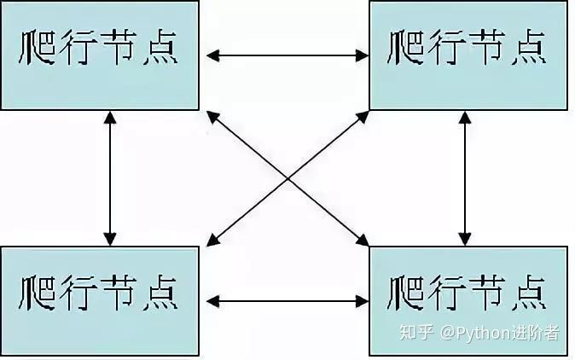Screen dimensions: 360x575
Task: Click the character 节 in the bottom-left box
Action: tap(119, 292)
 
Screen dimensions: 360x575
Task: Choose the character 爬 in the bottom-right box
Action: tap(406, 292)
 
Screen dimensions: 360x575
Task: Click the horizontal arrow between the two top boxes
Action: tap(286, 56)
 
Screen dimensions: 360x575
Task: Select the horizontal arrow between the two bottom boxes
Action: tap(286, 300)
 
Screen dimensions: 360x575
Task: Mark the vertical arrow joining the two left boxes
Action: tap(109, 177)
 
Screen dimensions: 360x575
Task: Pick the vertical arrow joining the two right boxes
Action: tap(464, 177)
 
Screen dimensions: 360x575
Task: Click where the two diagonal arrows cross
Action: tap(287, 178)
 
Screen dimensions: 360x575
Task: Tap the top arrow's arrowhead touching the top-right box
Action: tap(362, 56)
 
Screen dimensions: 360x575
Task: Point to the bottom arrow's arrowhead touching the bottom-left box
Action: tap(212, 300)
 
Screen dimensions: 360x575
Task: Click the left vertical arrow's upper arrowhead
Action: tap(109, 119)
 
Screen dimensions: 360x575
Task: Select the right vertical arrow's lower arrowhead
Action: tap(464, 238)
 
